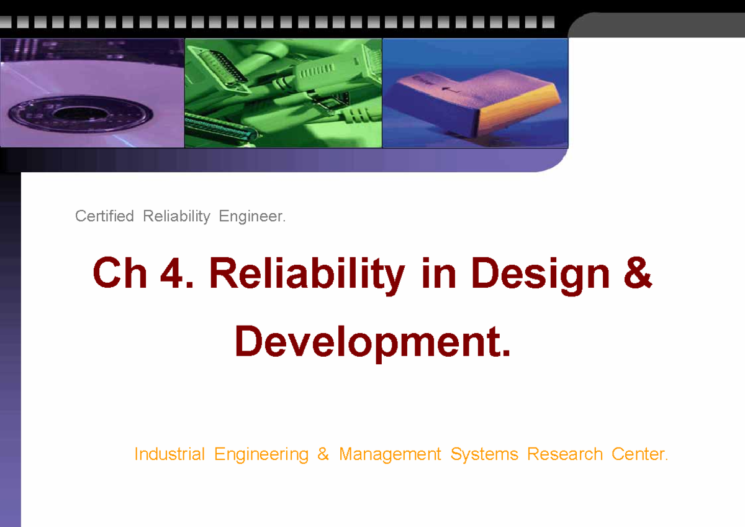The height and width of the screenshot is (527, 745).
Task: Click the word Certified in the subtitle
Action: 104,216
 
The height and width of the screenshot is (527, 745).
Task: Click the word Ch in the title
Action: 120,274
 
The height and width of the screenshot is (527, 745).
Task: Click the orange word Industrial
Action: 169,454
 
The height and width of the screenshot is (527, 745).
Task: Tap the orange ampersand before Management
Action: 323,454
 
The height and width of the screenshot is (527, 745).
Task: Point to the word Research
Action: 564,454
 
